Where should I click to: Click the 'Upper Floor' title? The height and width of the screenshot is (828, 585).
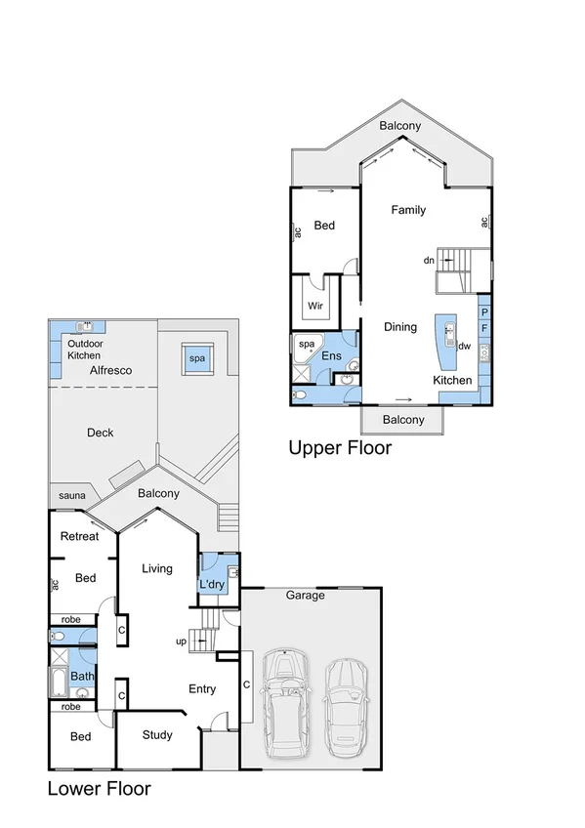click(340, 448)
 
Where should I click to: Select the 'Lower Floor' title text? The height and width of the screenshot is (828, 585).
click(100, 788)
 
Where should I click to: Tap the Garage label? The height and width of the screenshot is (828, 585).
click(305, 596)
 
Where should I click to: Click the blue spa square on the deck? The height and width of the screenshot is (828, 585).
click(197, 359)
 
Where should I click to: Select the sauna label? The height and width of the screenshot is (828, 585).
click(71, 496)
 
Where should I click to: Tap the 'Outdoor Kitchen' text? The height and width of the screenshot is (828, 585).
click(84, 350)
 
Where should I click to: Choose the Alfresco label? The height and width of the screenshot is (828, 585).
click(110, 371)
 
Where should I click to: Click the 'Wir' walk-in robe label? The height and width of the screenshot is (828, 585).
click(315, 306)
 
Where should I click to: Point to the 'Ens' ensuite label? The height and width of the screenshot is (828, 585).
click(332, 356)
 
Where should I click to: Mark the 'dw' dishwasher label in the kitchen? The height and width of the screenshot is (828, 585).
click(465, 346)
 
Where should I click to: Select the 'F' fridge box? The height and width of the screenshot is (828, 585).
click(484, 330)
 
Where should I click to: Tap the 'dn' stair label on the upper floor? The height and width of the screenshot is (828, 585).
click(428, 261)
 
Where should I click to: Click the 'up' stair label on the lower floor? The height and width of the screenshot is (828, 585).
click(181, 642)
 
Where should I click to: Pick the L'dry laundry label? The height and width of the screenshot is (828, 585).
click(212, 584)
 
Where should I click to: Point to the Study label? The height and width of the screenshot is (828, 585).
click(157, 735)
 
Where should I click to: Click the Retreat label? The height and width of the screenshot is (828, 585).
click(79, 536)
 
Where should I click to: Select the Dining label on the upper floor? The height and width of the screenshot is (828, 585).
click(400, 328)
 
